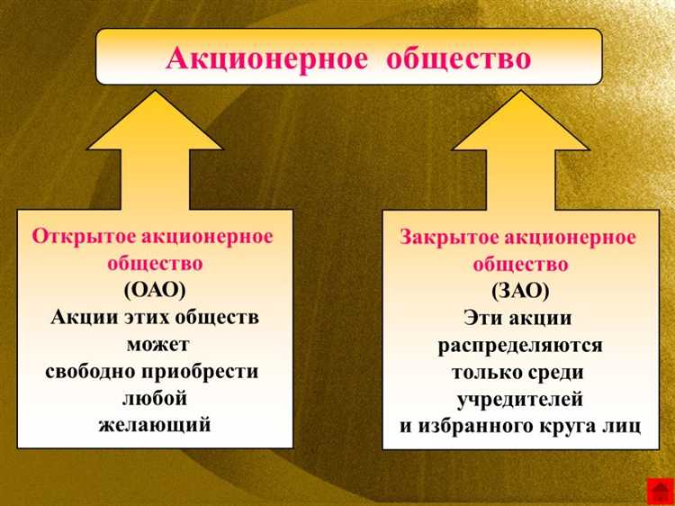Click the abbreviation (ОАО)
pos(155,291)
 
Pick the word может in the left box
pos(157,345)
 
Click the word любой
pos(154,398)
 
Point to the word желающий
pos(155,424)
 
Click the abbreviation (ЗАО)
pos(520,292)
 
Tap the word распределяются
pos(520,346)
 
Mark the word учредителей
pos(520,399)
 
